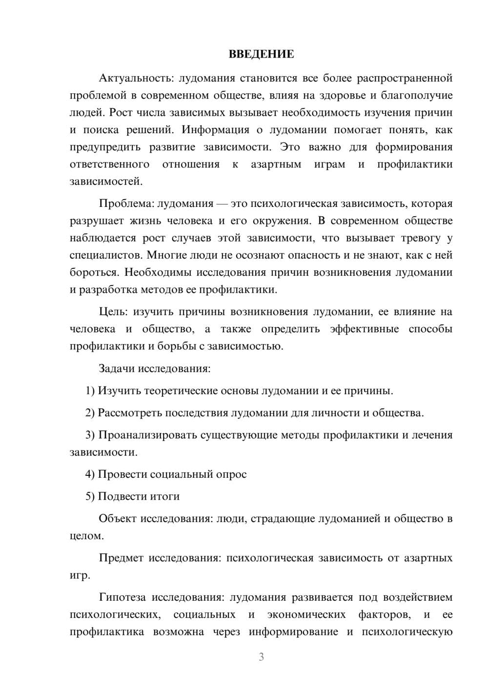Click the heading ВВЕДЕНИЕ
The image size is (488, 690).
click(x=261, y=54)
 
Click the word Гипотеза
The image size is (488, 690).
click(x=122, y=598)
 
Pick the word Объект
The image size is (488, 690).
click(x=118, y=519)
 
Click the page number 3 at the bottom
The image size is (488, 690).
click(x=261, y=657)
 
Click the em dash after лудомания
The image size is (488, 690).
click(x=223, y=203)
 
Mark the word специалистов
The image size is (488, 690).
click(x=106, y=255)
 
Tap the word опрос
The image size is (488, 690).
click(x=231, y=474)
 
